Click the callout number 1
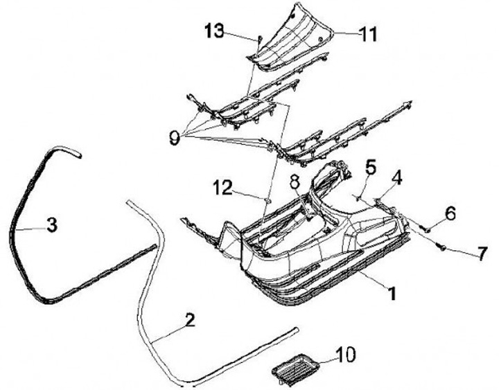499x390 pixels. pyautogui.click(x=392, y=293)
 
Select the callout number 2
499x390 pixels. pyautogui.click(x=189, y=321)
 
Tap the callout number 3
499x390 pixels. pyautogui.click(x=51, y=226)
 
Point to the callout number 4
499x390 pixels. pyautogui.click(x=396, y=178)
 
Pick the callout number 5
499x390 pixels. pyautogui.click(x=371, y=167)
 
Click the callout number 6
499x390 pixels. pyautogui.click(x=450, y=215)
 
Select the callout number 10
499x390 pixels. pyautogui.click(x=344, y=355)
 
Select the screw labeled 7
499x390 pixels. pyautogui.click(x=440, y=245)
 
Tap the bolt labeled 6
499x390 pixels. pyautogui.click(x=428, y=228)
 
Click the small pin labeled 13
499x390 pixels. pyautogui.click(x=259, y=39)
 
